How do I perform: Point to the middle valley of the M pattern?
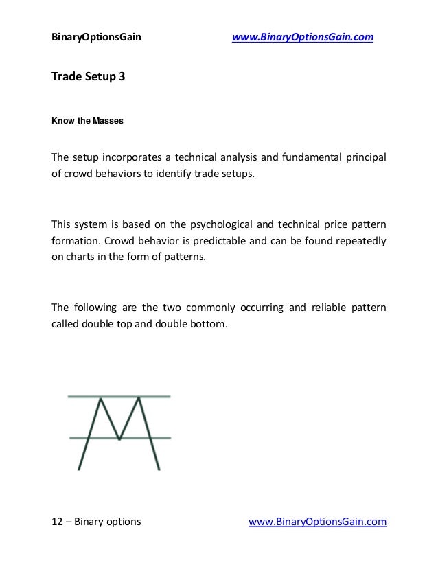coord(121,438)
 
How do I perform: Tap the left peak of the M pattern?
coord(101,398)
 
